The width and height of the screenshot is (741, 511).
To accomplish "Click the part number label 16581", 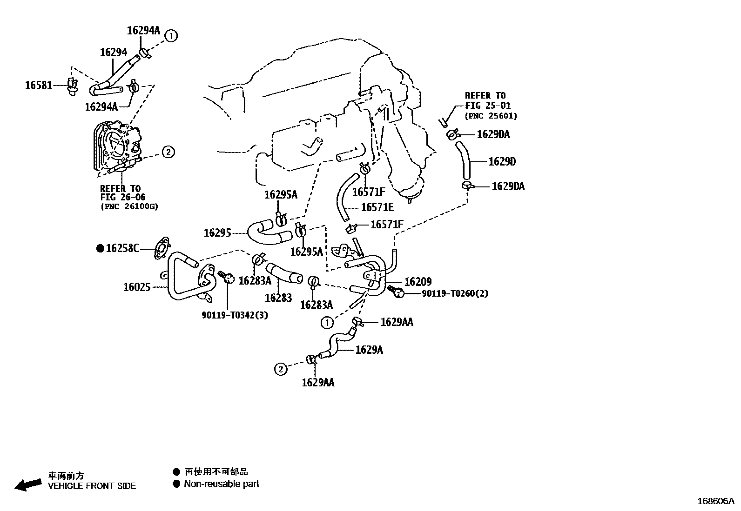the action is pos(39,86).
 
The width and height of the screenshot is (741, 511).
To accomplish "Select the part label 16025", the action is pos(137,287).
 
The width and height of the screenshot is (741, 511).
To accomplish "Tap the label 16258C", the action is pos(122,248).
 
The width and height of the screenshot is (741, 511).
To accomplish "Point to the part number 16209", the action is pos(418,282).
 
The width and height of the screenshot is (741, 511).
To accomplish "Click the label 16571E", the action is pos(377,207).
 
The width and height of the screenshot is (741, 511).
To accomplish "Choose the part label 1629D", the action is pos(502,162).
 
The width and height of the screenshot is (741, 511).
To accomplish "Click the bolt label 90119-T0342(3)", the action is pos(235,315).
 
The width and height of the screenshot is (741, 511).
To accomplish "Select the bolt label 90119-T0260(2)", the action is pos(455,293).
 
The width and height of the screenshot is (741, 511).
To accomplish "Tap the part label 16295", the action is pos(217,232).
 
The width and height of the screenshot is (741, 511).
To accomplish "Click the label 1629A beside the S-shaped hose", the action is pos(369,350).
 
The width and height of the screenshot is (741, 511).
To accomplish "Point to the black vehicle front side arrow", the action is pos(28,485).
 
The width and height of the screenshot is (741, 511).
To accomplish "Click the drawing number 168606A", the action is pos(716,501).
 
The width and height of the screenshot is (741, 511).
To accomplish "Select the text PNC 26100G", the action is pos(129,206).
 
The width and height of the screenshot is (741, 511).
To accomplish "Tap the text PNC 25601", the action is pos(491,116).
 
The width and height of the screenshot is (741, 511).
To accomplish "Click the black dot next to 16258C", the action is pos(100,248).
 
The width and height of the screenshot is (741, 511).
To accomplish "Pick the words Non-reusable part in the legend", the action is pos(221,484).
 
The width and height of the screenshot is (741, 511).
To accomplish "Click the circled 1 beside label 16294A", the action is pos(171,36).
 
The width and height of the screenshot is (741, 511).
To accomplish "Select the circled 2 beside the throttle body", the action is pos(168,153).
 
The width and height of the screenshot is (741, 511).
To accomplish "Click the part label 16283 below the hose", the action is pos(278,298).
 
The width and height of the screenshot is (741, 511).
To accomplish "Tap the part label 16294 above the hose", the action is pos(114,52).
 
